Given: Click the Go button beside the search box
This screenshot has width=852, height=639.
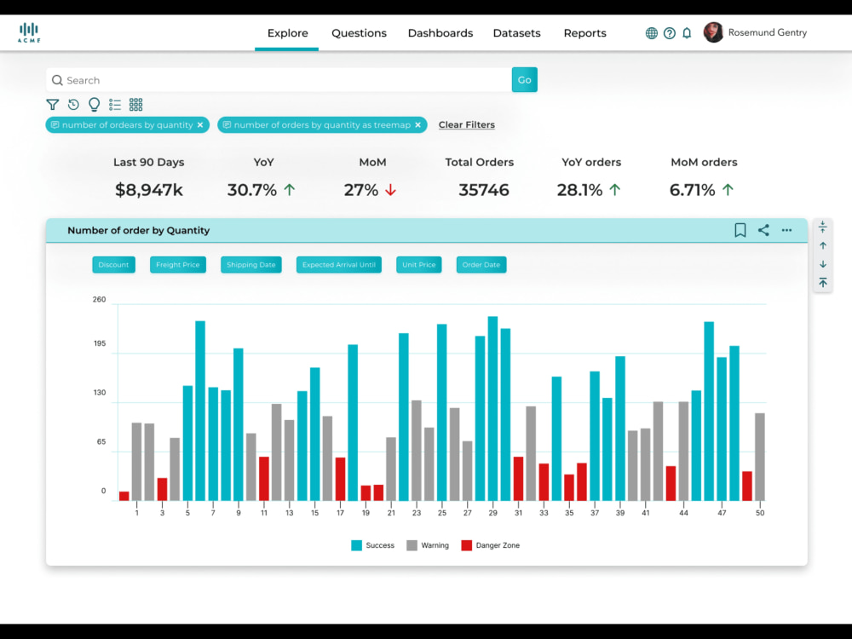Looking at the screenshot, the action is (x=524, y=80).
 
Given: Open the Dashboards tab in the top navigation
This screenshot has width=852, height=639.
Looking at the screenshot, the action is (x=440, y=33).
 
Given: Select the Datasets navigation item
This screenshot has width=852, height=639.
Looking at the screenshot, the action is (x=517, y=33).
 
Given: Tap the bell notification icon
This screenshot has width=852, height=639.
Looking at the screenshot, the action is (x=687, y=33).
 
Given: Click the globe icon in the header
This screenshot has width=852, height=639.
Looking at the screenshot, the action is (x=652, y=33).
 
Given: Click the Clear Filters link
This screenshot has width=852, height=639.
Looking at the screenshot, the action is (x=467, y=125).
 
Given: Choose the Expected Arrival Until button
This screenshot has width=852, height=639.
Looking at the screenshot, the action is (x=339, y=265).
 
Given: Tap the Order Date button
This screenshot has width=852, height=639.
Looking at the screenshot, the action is (x=481, y=265).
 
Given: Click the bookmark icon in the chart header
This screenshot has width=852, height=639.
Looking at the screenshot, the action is (x=740, y=230).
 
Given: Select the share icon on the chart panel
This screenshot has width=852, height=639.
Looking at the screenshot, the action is (x=763, y=230).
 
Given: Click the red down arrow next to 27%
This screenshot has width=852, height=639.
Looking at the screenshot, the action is (x=391, y=190).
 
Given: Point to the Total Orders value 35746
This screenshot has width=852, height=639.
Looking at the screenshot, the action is (x=484, y=190).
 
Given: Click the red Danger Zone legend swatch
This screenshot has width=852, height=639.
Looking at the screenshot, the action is (x=466, y=545).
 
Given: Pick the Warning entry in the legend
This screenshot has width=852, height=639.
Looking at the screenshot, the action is (x=428, y=545).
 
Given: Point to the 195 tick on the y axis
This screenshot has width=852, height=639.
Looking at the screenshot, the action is (x=100, y=343).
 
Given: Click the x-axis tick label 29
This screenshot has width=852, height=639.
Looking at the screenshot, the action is (x=492, y=513).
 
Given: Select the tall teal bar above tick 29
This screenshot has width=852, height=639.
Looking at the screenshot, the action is (x=492, y=409).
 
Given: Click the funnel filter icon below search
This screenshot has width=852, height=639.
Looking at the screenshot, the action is (x=52, y=104).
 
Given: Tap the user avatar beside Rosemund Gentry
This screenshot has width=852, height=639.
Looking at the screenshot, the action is (x=713, y=32).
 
